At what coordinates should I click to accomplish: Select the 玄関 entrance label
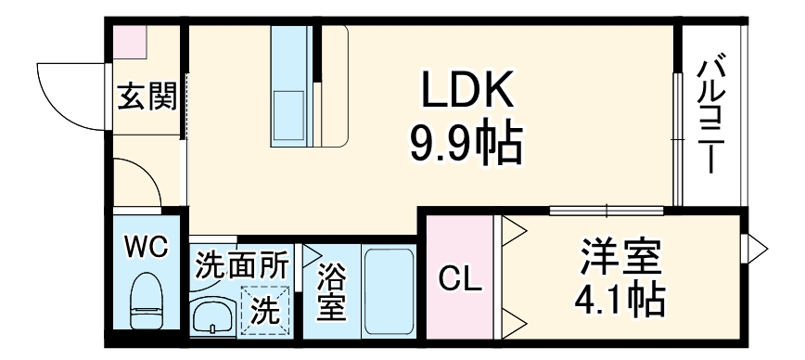(147, 96)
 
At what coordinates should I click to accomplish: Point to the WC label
(147, 247)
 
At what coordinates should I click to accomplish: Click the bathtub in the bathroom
(390, 292)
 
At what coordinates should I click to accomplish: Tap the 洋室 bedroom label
(620, 256)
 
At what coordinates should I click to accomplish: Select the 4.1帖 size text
(620, 300)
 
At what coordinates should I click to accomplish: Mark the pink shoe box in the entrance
(130, 42)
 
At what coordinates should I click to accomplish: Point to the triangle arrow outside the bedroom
(757, 249)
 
